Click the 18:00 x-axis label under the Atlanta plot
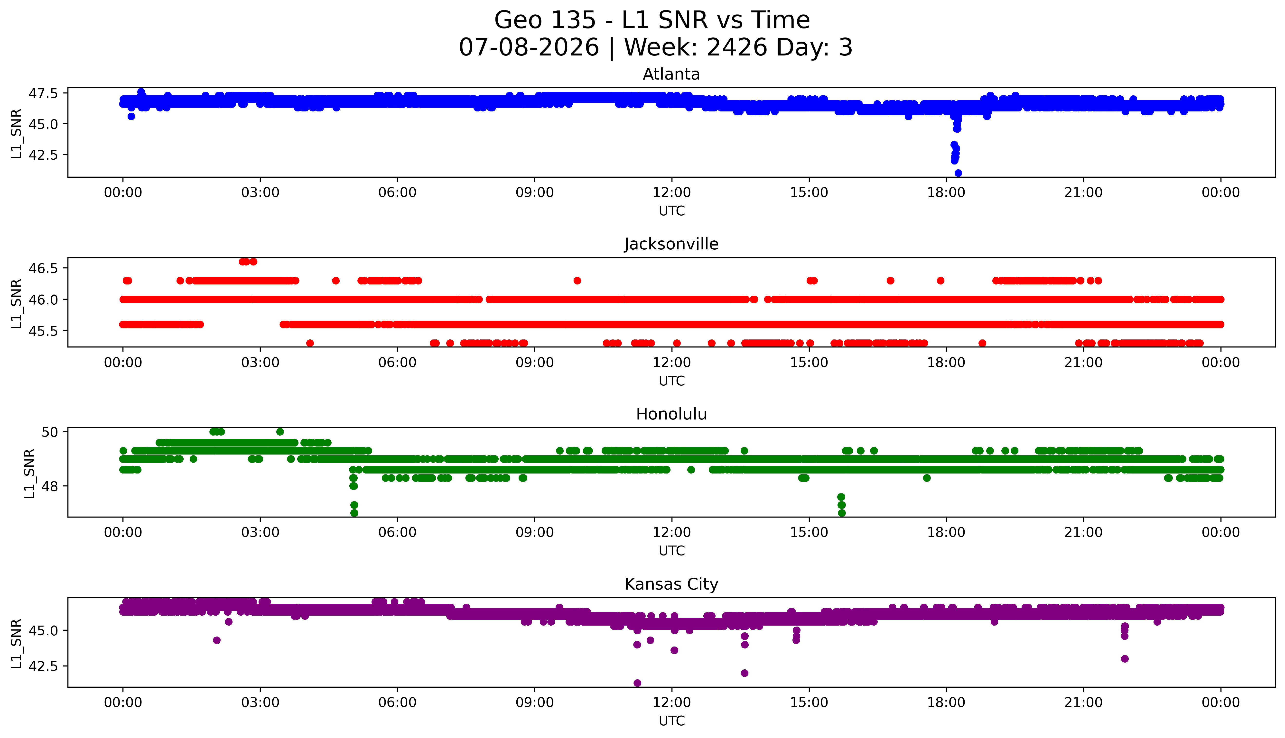(x=946, y=193)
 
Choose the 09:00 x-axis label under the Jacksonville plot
(x=534, y=362)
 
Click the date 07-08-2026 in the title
(x=529, y=48)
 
